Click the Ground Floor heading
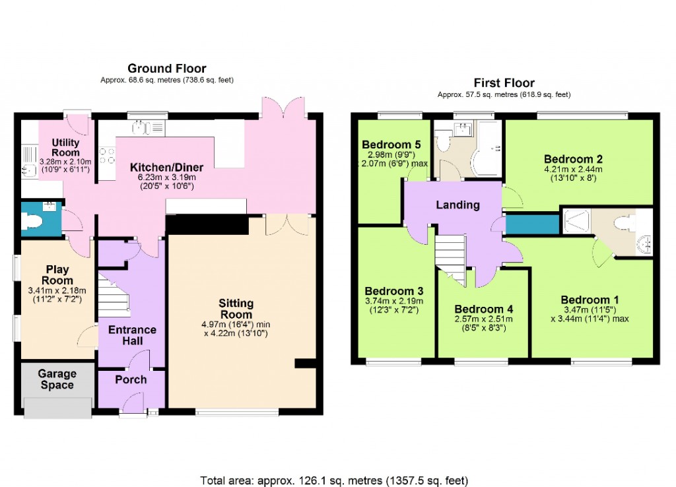tap(166, 69)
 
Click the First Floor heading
tap(504, 83)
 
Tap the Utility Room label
tap(65, 148)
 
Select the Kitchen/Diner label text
tap(166, 167)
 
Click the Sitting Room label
tap(236, 309)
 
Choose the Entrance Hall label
tap(133, 335)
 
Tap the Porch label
tap(131, 379)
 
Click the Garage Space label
tap(57, 380)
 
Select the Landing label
tap(457, 205)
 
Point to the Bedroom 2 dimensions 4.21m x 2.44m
tap(573, 173)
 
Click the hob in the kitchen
tap(106, 156)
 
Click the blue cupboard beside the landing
tap(532, 224)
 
